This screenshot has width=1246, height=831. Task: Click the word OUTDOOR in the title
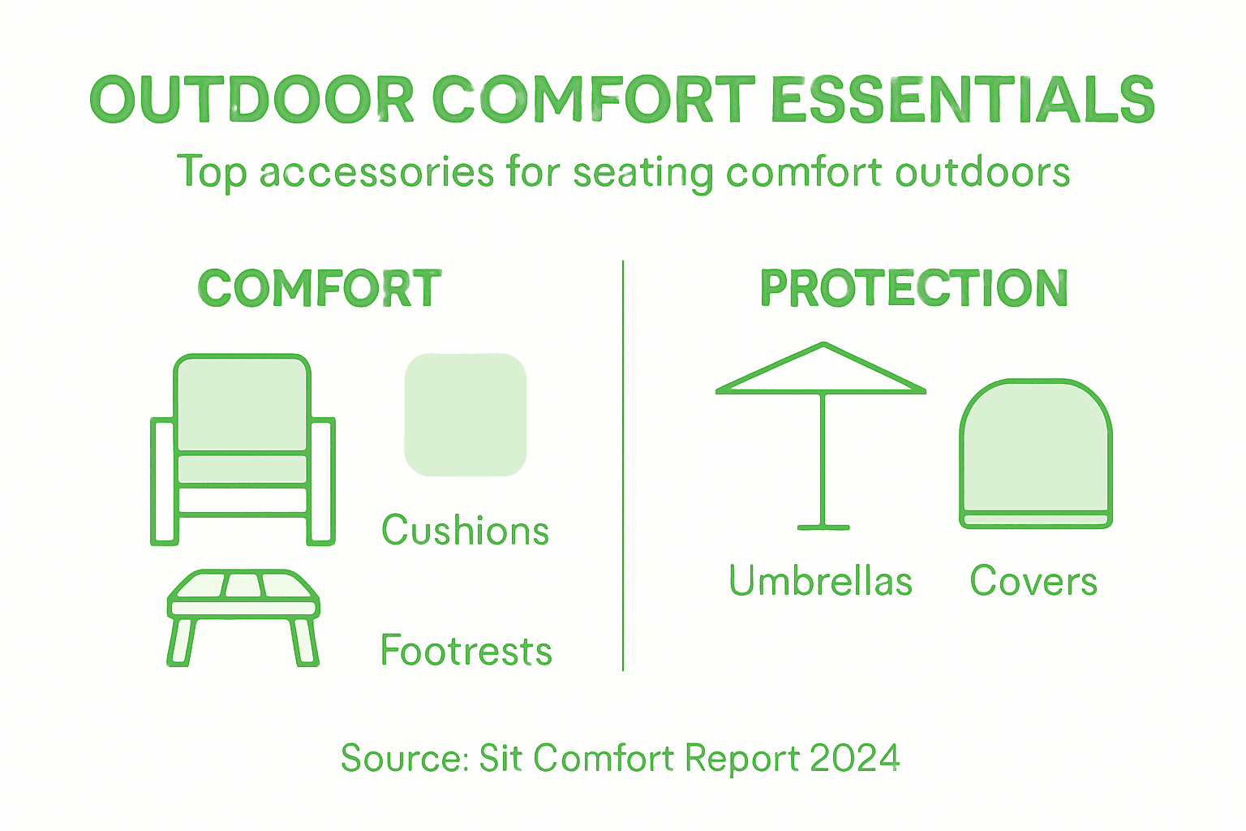point(252,101)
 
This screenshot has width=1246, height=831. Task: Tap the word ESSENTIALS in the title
point(962,101)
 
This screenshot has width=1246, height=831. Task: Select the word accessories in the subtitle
point(376,172)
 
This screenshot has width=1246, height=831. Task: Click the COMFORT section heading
point(320,289)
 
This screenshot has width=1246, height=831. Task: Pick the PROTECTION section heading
point(914,289)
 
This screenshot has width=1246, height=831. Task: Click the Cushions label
point(466,531)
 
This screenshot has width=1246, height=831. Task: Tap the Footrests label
point(466,651)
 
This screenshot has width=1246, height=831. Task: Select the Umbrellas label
point(821,581)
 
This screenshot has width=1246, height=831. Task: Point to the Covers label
point(1033,581)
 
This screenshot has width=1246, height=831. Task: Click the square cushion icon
point(466,415)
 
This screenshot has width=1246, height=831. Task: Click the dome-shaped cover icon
point(1036,451)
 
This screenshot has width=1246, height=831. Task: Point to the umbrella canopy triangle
point(822,373)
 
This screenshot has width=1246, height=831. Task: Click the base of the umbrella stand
point(823,527)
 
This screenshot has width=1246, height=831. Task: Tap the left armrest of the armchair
point(163,480)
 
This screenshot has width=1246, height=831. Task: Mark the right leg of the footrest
point(304,643)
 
